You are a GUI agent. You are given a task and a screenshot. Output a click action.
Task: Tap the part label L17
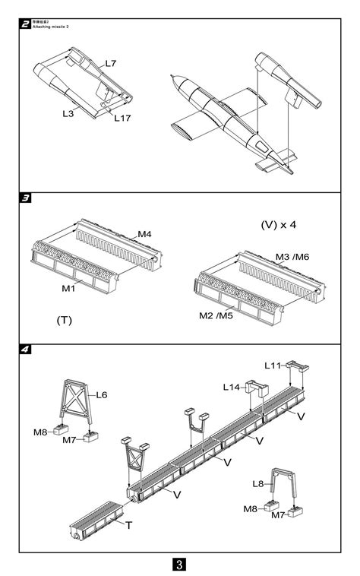[x=122, y=116]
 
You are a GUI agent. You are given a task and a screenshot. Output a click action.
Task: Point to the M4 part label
[x=144, y=234]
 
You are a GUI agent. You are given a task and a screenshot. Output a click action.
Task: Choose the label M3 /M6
[x=292, y=257]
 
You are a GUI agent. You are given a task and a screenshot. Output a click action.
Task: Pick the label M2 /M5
[x=216, y=315]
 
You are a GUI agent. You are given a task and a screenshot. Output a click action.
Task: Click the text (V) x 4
[x=278, y=225]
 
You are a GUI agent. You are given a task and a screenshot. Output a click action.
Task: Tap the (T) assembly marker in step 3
[x=64, y=320]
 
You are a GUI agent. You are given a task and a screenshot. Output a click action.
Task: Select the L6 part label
[x=102, y=395]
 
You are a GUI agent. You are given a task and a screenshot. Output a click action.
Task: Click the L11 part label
[x=273, y=366]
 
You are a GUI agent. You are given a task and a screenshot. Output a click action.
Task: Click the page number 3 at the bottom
[x=179, y=564]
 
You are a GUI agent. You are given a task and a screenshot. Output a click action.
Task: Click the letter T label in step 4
[x=128, y=525]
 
